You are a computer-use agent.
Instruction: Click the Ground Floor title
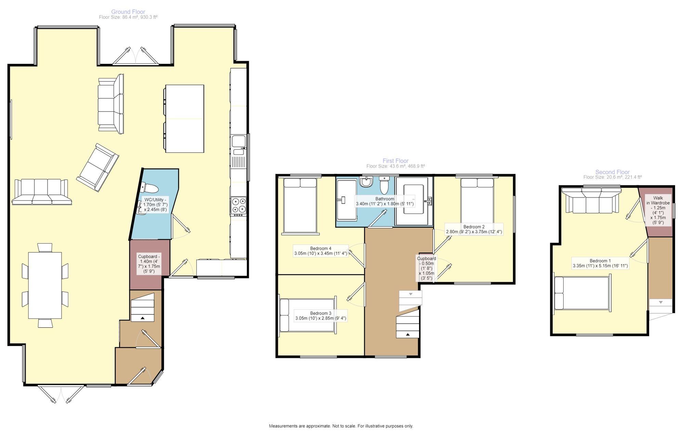click(x=128, y=12)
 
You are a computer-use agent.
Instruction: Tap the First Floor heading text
click(x=396, y=161)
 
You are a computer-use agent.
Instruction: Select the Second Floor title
click(x=613, y=172)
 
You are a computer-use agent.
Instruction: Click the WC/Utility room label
click(x=155, y=204)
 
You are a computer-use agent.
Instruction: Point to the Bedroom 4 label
click(x=321, y=251)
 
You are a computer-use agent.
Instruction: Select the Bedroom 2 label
click(x=474, y=229)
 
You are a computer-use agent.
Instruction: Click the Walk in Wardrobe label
click(x=658, y=210)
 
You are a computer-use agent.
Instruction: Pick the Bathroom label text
click(x=385, y=201)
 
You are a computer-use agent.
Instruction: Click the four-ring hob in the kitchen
click(x=239, y=205)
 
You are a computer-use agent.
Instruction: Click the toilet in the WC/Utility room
click(x=150, y=188)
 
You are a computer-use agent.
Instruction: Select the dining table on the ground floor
click(x=45, y=285)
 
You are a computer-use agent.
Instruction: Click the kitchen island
click(x=185, y=118)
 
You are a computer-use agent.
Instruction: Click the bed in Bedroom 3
click(x=308, y=315)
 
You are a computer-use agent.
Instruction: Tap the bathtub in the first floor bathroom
click(x=347, y=200)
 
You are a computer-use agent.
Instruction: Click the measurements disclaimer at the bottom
click(x=341, y=426)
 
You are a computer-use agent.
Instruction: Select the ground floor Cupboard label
click(x=149, y=264)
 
